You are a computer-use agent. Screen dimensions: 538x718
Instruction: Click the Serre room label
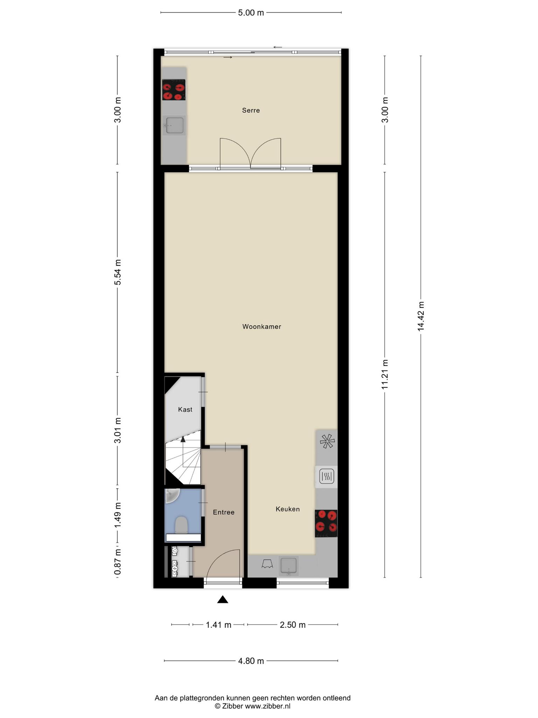pyautogui.click(x=251, y=110)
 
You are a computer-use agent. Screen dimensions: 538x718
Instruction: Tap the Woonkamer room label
pyautogui.click(x=262, y=327)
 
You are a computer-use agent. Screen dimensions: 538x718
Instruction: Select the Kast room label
pyautogui.click(x=185, y=409)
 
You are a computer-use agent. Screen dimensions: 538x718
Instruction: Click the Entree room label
pyautogui.click(x=223, y=512)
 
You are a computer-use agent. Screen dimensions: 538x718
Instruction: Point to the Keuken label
pyautogui.click(x=288, y=509)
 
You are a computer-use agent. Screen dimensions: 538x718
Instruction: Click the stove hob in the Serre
pyautogui.click(x=174, y=90)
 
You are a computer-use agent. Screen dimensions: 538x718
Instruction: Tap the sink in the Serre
pyautogui.click(x=175, y=126)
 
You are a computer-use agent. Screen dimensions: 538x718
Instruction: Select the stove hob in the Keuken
pyautogui.click(x=326, y=523)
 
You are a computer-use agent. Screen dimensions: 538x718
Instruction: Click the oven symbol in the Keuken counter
pyautogui.click(x=326, y=477)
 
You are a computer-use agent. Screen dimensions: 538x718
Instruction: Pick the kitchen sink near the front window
pyautogui.click(x=289, y=566)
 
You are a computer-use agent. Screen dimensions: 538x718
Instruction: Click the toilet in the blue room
pyautogui.click(x=181, y=525)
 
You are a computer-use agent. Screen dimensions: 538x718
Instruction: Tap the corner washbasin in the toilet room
pyautogui.click(x=172, y=495)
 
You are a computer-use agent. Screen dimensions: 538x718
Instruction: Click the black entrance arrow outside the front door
pyautogui.click(x=223, y=600)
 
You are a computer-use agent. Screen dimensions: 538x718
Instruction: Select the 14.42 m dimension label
pyautogui.click(x=421, y=316)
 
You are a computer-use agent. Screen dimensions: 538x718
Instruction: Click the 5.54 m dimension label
pyautogui.click(x=118, y=272)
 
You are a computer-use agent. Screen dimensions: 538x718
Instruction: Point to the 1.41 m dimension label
pyautogui.click(x=219, y=625)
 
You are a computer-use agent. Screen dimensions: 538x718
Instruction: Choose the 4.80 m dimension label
pyautogui.click(x=251, y=661)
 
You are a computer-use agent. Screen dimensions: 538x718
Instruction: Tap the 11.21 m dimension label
pyautogui.click(x=385, y=374)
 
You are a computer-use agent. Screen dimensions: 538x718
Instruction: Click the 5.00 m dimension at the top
pyautogui.click(x=251, y=13)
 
